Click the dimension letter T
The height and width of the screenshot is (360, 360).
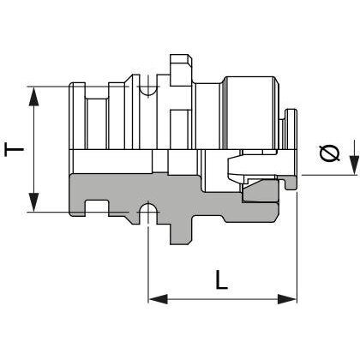click(14, 150)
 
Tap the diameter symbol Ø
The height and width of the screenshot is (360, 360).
click(329, 153)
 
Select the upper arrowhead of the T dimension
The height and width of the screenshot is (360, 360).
click(33, 97)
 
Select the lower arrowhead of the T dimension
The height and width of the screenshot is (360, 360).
click(33, 202)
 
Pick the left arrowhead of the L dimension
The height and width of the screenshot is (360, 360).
click(158, 299)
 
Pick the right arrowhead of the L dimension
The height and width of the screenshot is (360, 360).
click(287, 299)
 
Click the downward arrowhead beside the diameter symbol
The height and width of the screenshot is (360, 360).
click(354, 165)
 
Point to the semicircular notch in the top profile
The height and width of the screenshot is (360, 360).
click(147, 90)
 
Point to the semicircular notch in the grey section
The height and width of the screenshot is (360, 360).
click(147, 207)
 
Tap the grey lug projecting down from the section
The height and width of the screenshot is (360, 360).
click(182, 233)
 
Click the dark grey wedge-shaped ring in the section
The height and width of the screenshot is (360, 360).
click(260, 191)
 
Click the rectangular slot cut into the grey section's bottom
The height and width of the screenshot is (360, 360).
click(97, 207)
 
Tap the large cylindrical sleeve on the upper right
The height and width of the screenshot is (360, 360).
click(249, 112)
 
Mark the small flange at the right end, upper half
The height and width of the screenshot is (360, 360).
click(291, 129)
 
